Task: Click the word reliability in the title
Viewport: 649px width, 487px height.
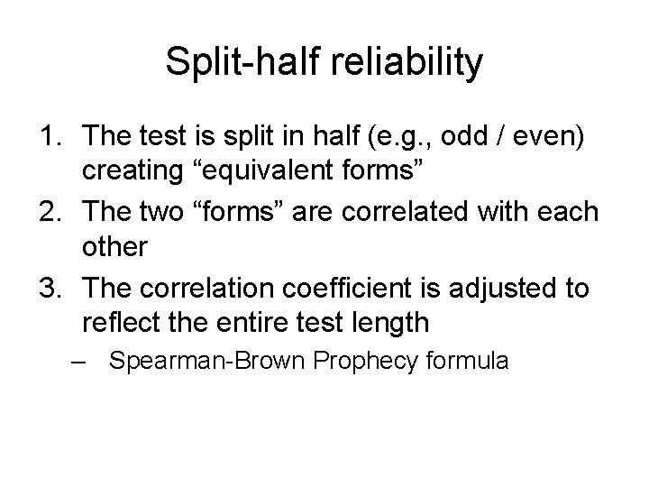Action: click(407, 64)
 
